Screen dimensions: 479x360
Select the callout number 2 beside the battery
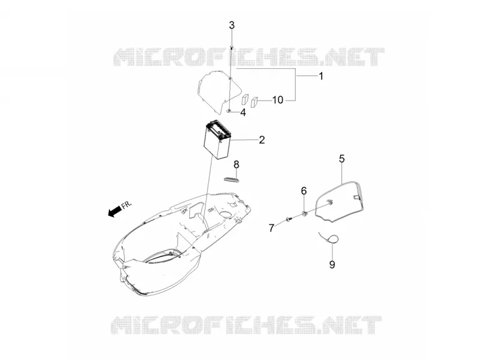tap(262, 140)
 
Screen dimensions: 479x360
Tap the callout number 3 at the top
tap(232, 25)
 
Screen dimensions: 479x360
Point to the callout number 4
tap(243, 113)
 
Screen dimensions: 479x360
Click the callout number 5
tap(342, 159)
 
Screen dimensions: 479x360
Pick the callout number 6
tap(304, 190)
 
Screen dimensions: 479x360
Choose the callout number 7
tap(272, 228)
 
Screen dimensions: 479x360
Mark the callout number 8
tap(237, 164)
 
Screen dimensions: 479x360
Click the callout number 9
tap(332, 264)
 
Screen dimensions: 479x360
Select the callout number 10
tap(278, 99)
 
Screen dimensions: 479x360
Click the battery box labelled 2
tap(217, 140)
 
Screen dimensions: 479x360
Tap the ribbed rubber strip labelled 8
tap(231, 179)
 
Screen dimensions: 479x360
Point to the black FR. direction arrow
tap(115, 211)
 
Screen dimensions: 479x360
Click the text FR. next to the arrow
tap(127, 204)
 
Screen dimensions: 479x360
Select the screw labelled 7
tap(289, 219)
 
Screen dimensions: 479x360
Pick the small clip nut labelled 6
tap(304, 213)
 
